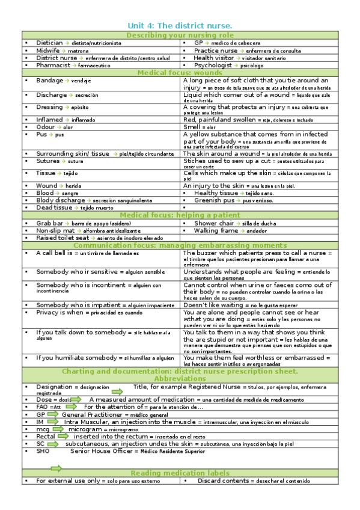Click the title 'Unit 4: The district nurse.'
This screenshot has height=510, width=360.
[x=180, y=26]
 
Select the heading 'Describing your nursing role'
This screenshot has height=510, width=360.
[x=180, y=35]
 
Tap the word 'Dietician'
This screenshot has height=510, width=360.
[x=49, y=43]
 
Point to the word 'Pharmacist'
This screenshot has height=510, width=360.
[x=53, y=65]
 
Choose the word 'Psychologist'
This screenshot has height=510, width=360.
[x=213, y=65]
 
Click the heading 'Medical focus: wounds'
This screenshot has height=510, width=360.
[x=180, y=73]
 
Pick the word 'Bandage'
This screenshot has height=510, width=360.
[x=49, y=80]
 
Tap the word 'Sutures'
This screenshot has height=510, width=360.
[x=47, y=161]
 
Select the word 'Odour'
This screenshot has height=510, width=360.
[x=45, y=127]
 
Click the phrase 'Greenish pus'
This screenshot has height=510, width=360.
[x=217, y=200]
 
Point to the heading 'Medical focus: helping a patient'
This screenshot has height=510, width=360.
[x=180, y=215]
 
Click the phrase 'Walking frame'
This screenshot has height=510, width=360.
[x=216, y=230]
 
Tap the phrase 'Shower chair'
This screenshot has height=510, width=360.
[x=213, y=223]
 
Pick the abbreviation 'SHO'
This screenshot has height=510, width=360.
[x=43, y=450]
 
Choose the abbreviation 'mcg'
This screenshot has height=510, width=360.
[x=43, y=429]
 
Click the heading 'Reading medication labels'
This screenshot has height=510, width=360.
[x=180, y=473]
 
